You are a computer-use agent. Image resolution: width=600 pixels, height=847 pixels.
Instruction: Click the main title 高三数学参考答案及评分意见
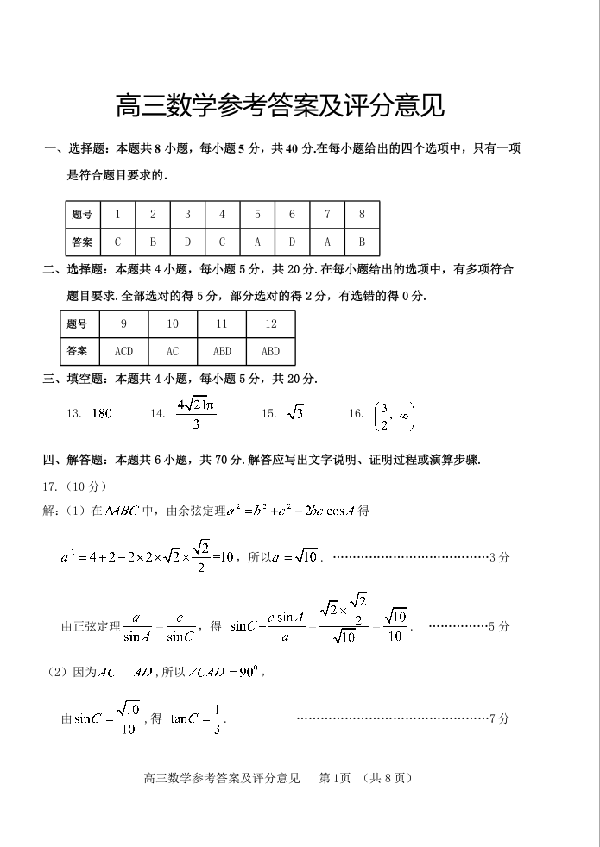[281, 106]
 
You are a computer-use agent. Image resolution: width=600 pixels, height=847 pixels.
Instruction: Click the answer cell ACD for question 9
[123, 351]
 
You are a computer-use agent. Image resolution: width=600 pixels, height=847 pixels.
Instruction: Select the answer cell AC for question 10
[173, 351]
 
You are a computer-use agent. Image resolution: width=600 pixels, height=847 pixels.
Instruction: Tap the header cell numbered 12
[271, 324]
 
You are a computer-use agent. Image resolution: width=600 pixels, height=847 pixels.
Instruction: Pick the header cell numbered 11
[222, 324]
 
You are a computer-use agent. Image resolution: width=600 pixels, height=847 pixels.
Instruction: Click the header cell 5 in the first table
[257, 215]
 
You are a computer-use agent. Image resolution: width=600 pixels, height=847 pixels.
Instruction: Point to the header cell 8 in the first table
[362, 215]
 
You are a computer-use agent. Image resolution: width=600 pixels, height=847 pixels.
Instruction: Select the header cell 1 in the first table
[117, 215]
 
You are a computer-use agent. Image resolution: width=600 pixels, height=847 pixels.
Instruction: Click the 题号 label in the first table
[82, 215]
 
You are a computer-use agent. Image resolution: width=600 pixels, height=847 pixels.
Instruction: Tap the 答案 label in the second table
[77, 351]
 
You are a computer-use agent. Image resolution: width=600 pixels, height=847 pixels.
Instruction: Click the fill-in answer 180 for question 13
[101, 414]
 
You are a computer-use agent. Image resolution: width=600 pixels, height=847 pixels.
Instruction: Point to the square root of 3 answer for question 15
[295, 413]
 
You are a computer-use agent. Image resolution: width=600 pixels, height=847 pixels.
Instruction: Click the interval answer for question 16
[394, 415]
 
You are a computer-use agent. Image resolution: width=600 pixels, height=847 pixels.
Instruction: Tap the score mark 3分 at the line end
[499, 557]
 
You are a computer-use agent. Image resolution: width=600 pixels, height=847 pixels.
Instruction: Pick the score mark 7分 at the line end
[499, 718]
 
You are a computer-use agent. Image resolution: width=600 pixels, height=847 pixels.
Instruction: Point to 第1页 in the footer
[334, 778]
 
